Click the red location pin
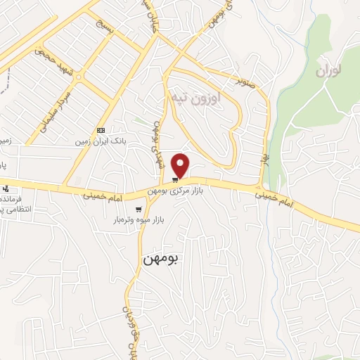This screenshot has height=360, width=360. pyautogui.click(x=181, y=165)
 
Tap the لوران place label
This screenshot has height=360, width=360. pyautogui.click(x=333, y=71)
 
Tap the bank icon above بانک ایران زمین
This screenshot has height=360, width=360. pyautogui.click(x=101, y=130)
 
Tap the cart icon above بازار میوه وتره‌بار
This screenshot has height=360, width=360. pyautogui.click(x=139, y=209)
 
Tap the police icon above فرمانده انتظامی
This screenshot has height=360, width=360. pyautogui.click(x=6, y=188)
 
